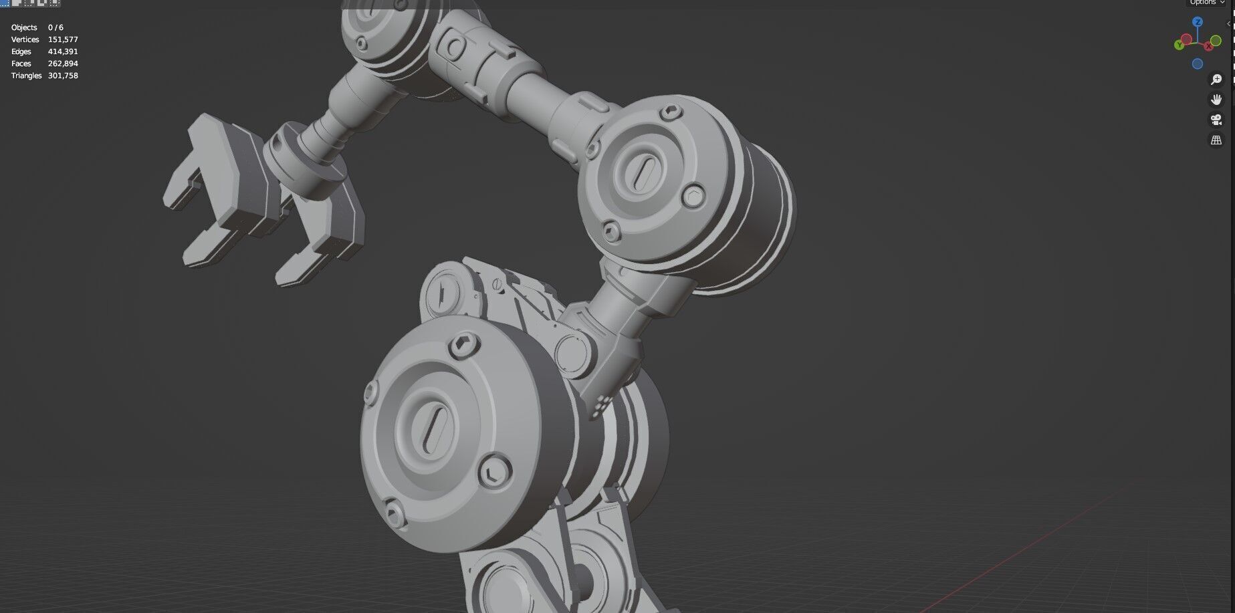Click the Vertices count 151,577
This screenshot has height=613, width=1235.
pyautogui.click(x=63, y=39)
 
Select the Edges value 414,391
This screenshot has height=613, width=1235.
pyautogui.click(x=63, y=51)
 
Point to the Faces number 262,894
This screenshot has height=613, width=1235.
pyautogui.click(x=63, y=64)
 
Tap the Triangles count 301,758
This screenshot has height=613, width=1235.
pyautogui.click(x=63, y=76)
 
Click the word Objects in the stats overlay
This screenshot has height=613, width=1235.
pyautogui.click(x=24, y=27)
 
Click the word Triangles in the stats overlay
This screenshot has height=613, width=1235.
pyautogui.click(x=26, y=76)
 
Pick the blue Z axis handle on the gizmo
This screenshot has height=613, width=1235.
pyautogui.click(x=1198, y=22)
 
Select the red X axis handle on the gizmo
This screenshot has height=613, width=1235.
pyautogui.click(x=1209, y=46)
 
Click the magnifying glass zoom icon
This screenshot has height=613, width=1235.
pyautogui.click(x=1216, y=80)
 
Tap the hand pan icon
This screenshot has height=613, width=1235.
pyautogui.click(x=1216, y=100)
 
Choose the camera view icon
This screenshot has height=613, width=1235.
pyautogui.click(x=1216, y=120)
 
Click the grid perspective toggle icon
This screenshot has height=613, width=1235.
pyautogui.click(x=1216, y=140)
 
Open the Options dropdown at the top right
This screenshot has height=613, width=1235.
pyautogui.click(x=1207, y=3)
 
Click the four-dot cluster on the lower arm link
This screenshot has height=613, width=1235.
pyautogui.click(x=601, y=402)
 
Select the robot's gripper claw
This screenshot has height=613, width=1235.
pyautogui.click(x=261, y=201)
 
